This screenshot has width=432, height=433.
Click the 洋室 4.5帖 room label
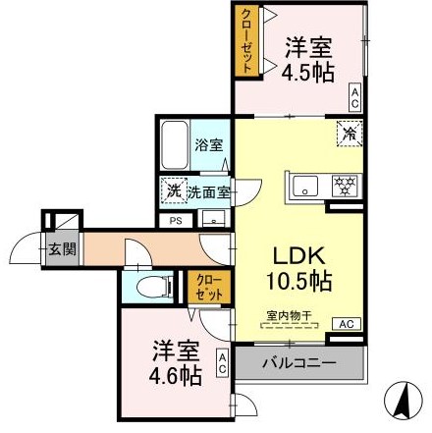[x=307, y=58]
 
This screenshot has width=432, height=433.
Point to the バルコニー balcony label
[x=299, y=363]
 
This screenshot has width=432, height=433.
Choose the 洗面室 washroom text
[x=210, y=192]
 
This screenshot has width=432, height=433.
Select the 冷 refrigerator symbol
[x=350, y=133]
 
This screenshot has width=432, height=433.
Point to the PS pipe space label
[x=176, y=222]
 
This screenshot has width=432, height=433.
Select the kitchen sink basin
[x=303, y=184]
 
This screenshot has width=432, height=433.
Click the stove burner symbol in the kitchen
[x=343, y=184]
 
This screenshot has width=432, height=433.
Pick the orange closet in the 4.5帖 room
[x=245, y=41]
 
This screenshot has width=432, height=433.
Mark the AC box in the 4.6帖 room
[x=222, y=361]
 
